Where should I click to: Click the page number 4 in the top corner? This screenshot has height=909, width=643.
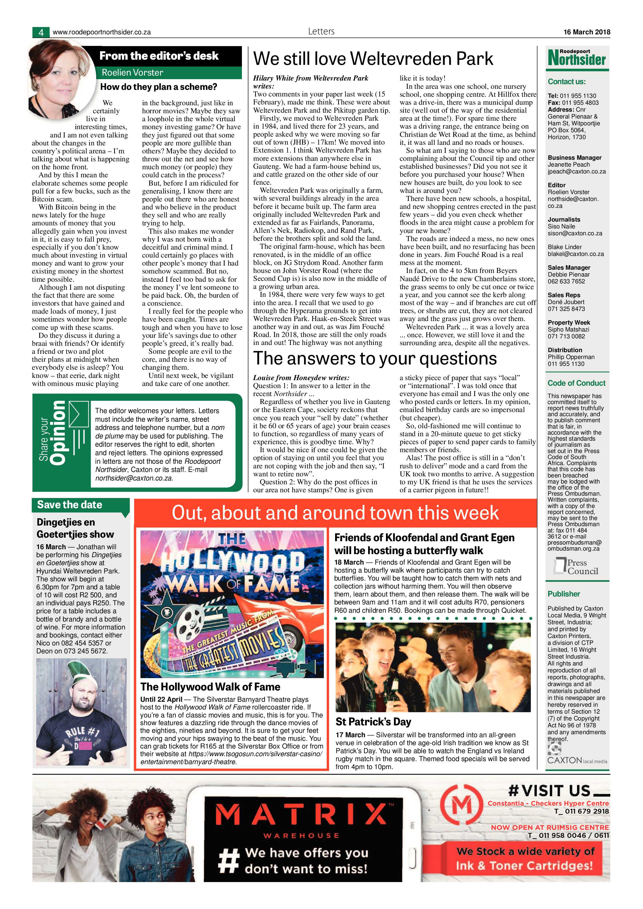click(x=41, y=32)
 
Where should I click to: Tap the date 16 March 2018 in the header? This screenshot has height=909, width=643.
click(x=587, y=32)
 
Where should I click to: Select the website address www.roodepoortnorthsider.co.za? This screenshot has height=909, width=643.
click(x=102, y=32)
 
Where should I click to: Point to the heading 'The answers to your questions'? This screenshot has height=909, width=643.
click(x=375, y=358)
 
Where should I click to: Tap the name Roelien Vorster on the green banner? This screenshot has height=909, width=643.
click(x=133, y=73)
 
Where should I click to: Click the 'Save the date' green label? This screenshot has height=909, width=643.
click(x=70, y=504)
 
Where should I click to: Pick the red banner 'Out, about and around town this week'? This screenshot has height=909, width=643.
click(x=335, y=513)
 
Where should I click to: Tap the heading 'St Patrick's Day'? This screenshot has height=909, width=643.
click(x=373, y=721)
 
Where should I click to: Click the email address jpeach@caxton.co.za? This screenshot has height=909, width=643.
click(x=576, y=172)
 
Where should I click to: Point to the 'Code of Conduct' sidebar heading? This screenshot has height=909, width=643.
click(x=576, y=383)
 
